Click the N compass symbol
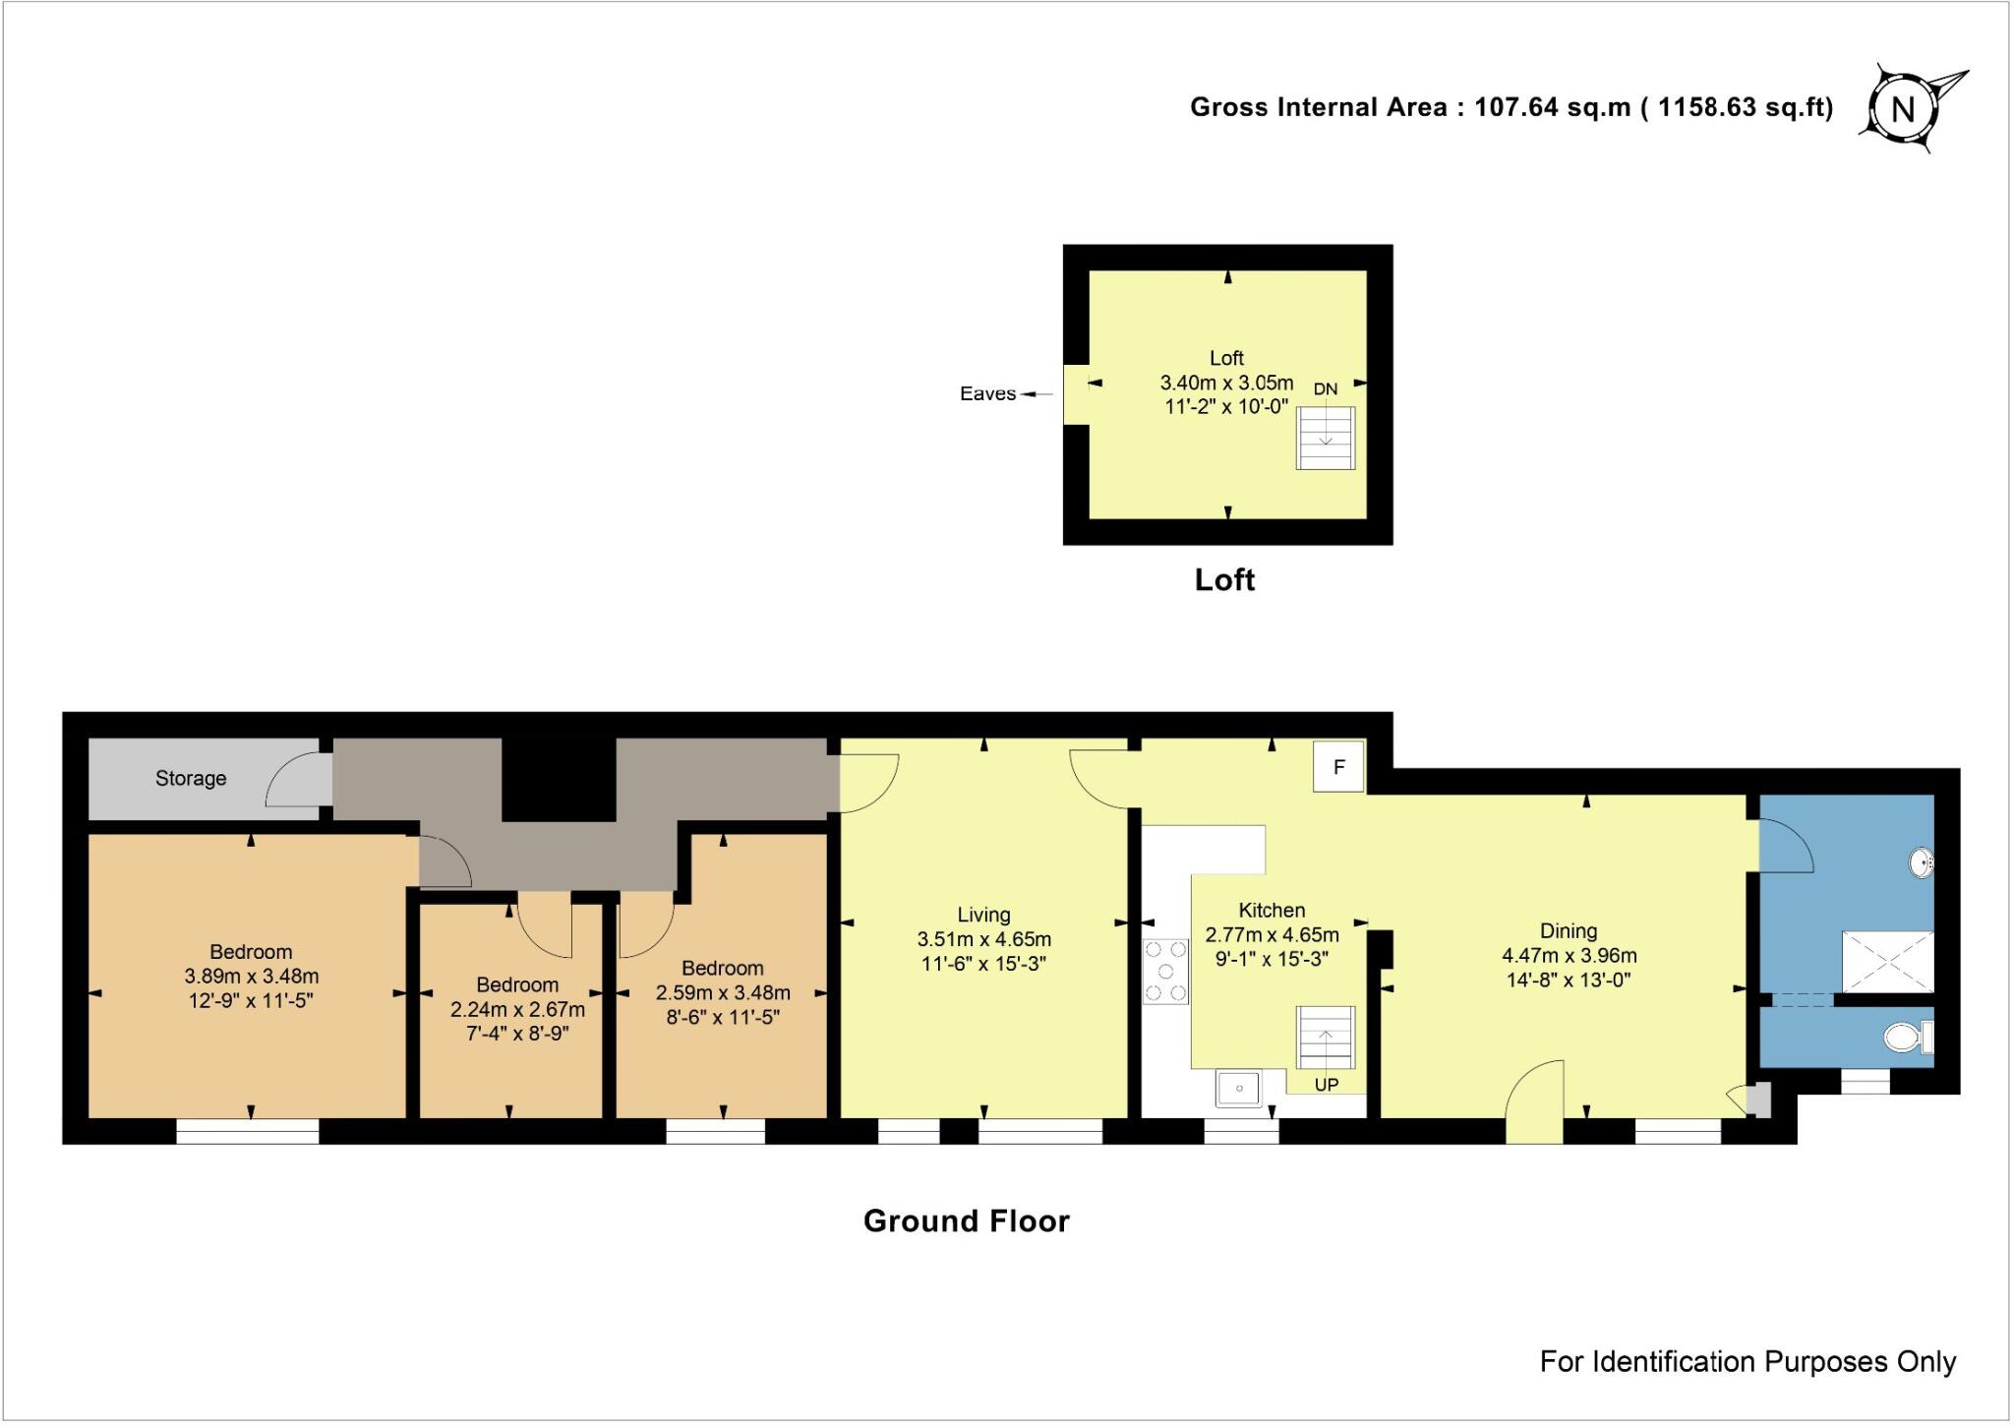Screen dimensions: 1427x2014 coord(1903,108)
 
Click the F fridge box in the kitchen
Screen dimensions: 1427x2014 coord(1338,767)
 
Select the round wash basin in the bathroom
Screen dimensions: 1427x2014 coord(1921,863)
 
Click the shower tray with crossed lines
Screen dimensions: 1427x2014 coord(1887,961)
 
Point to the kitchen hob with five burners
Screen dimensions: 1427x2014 coord(1165,972)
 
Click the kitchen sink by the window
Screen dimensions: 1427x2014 coord(1239,1089)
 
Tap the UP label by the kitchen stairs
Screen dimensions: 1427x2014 coord(1327,1086)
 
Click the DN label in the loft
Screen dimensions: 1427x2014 coord(1325,389)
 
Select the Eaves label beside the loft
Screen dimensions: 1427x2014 coord(987,394)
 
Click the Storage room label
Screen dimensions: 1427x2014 coord(191,779)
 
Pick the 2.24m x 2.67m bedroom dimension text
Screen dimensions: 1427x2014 coord(517,1010)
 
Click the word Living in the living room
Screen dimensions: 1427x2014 coord(983,915)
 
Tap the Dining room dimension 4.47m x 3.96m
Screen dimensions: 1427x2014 coord(1569,955)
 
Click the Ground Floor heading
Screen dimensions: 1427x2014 coord(966,1220)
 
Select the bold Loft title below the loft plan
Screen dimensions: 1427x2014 coord(1224,579)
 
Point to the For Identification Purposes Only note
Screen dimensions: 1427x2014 coord(1747,1361)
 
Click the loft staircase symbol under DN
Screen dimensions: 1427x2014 coord(1325,438)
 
